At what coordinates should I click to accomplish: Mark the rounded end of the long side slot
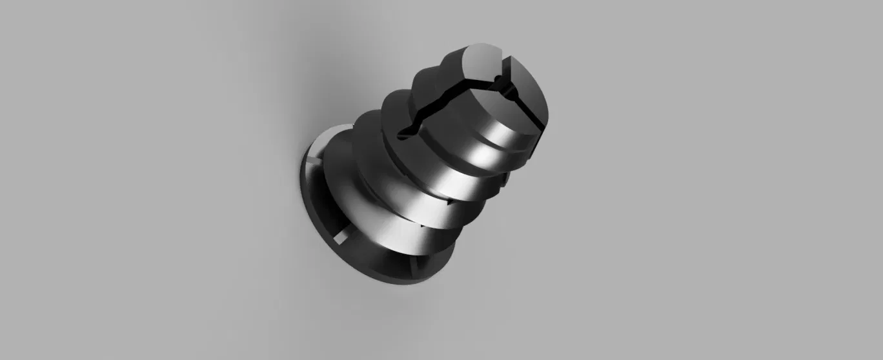[403, 134]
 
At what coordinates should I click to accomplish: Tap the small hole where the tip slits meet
[496, 80]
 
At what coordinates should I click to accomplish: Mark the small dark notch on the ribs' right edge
[501, 186]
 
